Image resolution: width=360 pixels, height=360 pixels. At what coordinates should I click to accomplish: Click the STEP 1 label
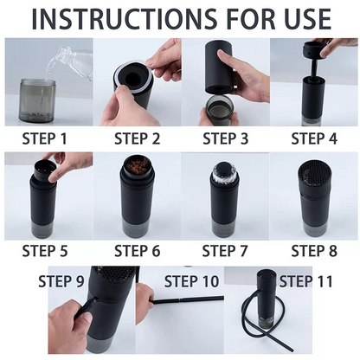pyautogui.click(x=45, y=138)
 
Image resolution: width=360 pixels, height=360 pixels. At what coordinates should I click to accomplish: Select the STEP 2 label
pyautogui.click(x=137, y=138)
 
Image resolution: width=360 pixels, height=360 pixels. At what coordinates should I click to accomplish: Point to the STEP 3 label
pyautogui.click(x=226, y=138)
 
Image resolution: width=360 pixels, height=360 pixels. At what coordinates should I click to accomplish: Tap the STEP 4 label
pyautogui.click(x=314, y=138)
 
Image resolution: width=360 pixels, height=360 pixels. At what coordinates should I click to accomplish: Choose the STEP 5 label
pyautogui.click(x=45, y=251)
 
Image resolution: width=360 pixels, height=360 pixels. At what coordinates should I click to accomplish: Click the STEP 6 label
pyautogui.click(x=137, y=251)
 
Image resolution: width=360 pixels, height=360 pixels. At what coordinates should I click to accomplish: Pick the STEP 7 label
pyautogui.click(x=225, y=251)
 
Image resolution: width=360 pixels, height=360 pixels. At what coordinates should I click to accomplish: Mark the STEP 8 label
pyautogui.click(x=314, y=251)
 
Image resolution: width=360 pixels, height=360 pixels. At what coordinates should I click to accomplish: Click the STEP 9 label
pyautogui.click(x=61, y=281)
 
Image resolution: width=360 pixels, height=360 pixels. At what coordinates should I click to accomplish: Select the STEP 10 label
pyautogui.click(x=191, y=281)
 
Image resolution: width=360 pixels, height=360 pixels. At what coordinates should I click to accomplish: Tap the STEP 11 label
pyautogui.click(x=306, y=281)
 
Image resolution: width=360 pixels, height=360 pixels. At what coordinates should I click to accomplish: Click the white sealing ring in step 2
pyautogui.click(x=132, y=77)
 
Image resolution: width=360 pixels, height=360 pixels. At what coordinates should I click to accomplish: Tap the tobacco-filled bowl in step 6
pyautogui.click(x=137, y=167)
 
